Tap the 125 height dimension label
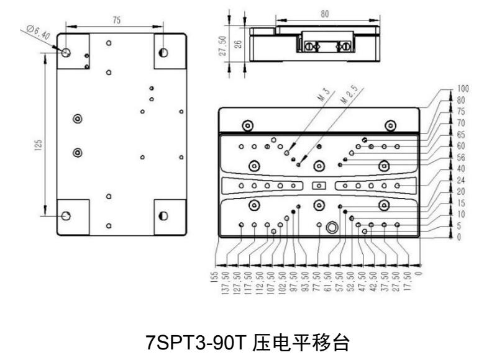point(39,145)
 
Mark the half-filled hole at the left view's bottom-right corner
point(163,215)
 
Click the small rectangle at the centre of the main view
point(319,186)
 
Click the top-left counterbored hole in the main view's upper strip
point(248,125)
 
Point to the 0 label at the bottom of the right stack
point(458,237)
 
